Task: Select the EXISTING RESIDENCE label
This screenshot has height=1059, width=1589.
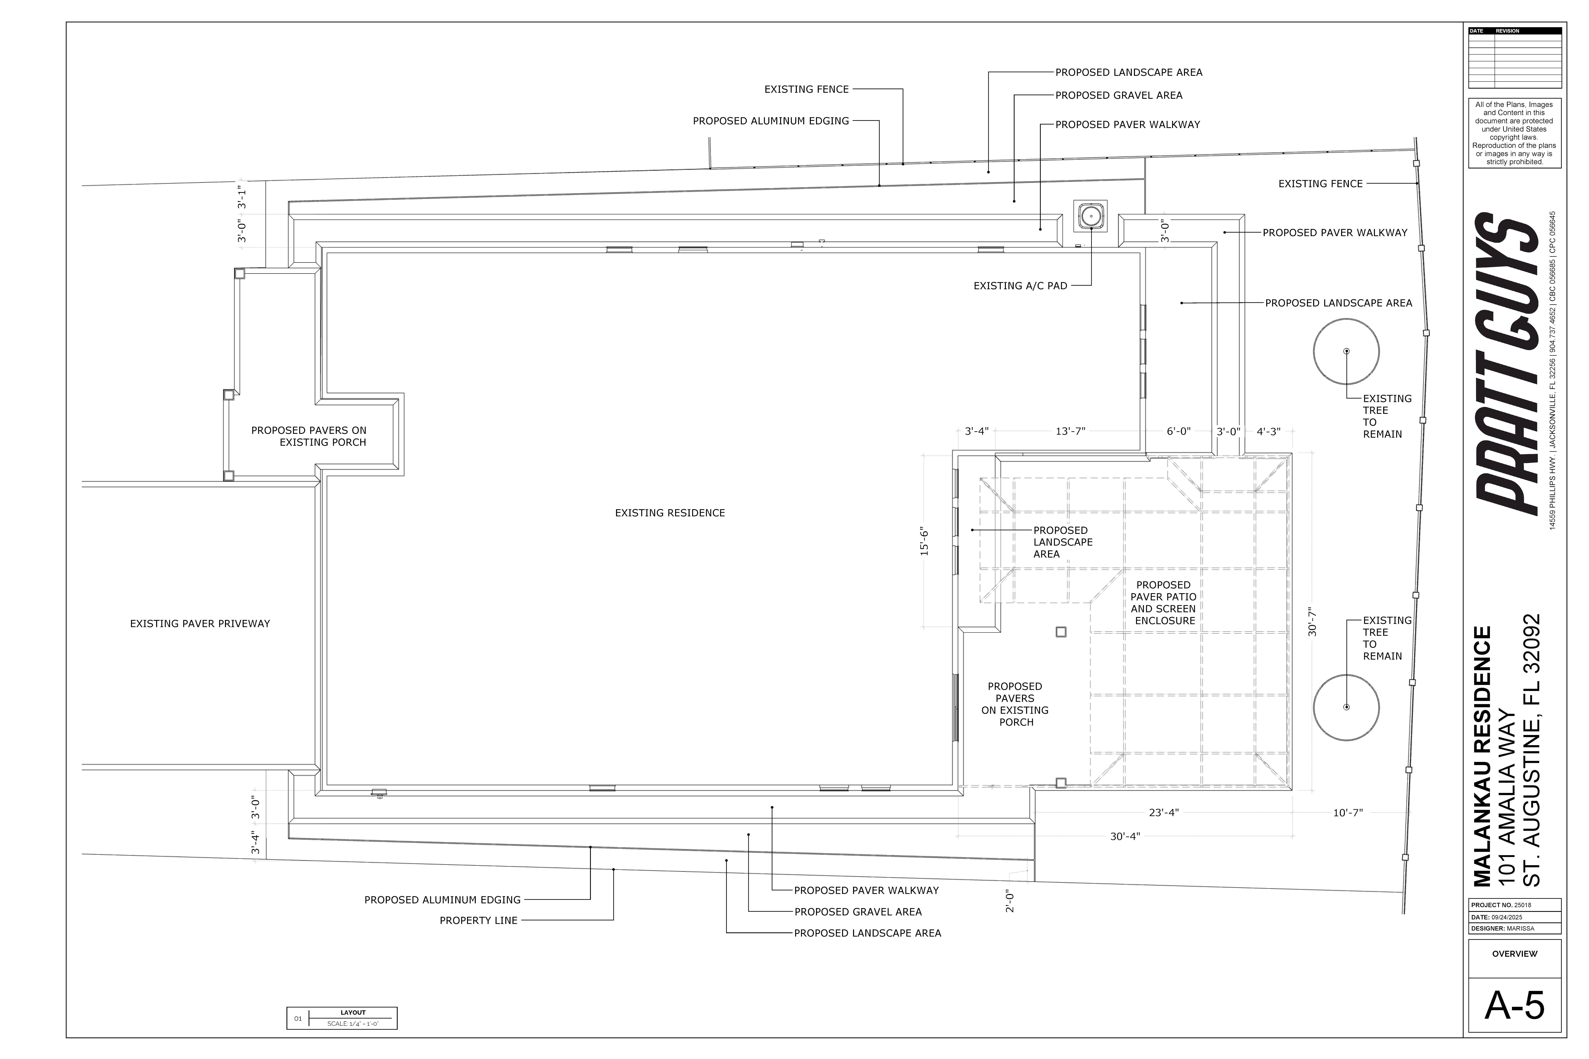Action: pos(670,513)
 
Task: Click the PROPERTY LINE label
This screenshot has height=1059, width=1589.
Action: pos(478,921)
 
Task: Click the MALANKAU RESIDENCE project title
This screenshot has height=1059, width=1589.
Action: pos(1482,756)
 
